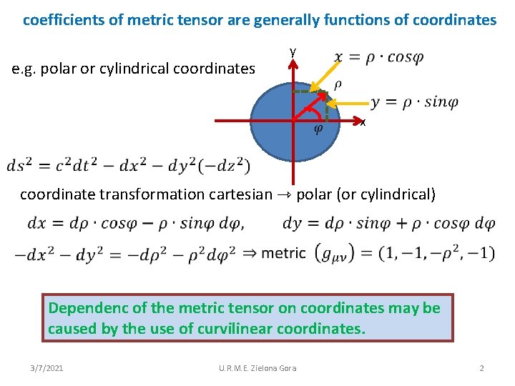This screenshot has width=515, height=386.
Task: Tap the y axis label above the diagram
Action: click(x=293, y=51)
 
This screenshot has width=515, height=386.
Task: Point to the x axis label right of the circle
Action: click(x=363, y=123)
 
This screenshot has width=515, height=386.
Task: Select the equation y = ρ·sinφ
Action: click(x=414, y=102)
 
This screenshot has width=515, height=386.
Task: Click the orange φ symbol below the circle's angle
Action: click(x=318, y=129)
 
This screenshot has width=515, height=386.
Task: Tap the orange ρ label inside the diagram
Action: click(x=338, y=84)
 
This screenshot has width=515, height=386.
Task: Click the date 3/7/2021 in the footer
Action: click(x=47, y=368)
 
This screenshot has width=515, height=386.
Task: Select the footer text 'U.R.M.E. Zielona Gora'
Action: click(x=257, y=368)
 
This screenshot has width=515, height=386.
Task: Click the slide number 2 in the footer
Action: click(x=481, y=368)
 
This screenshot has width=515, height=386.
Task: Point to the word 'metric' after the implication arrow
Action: click(x=284, y=252)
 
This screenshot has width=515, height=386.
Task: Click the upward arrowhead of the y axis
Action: click(x=293, y=62)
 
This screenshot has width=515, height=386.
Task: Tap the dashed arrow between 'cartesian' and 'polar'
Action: click(x=284, y=194)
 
